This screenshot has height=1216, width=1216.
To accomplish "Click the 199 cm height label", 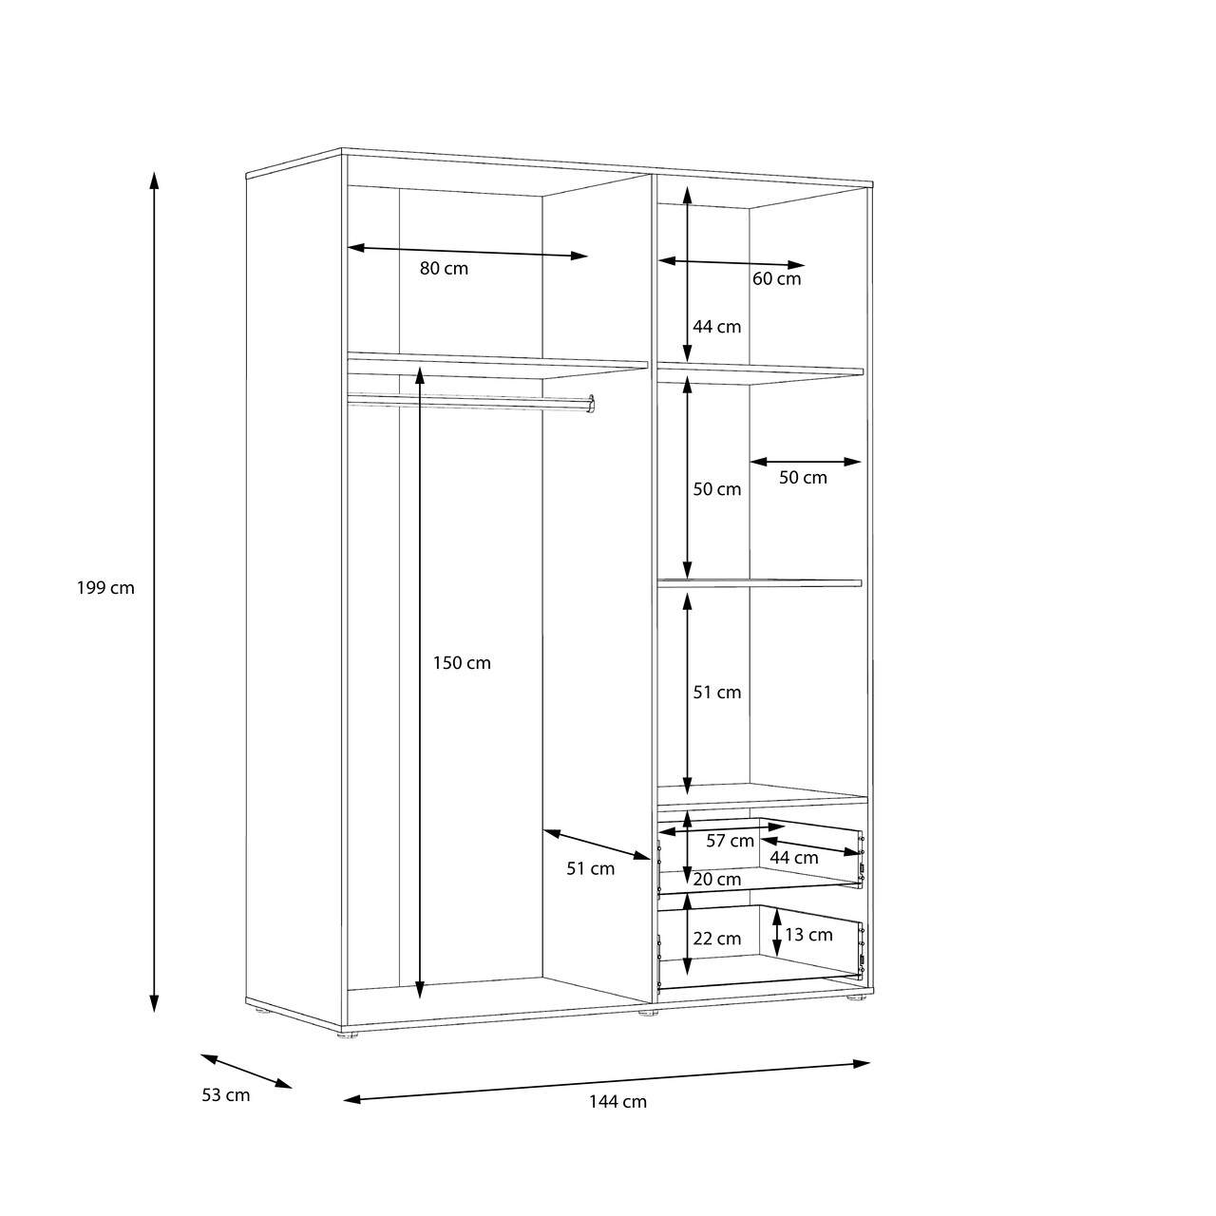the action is pyautogui.click(x=106, y=588).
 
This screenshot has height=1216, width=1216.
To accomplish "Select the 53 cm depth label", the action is pyautogui.click(x=226, y=1095).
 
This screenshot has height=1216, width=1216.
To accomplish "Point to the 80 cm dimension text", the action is pyautogui.click(x=445, y=269).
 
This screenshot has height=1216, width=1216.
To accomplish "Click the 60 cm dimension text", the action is pyautogui.click(x=777, y=279).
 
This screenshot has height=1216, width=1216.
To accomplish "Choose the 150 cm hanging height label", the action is pyautogui.click(x=462, y=663).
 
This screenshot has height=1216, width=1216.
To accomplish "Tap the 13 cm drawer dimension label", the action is pyautogui.click(x=809, y=935).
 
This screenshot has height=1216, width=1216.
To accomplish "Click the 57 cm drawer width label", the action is pyautogui.click(x=731, y=841).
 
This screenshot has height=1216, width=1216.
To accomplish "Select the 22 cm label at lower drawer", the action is pyautogui.click(x=717, y=939).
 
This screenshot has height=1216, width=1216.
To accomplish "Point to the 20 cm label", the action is pyautogui.click(x=717, y=880).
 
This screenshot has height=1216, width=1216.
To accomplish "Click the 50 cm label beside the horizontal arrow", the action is pyautogui.click(x=803, y=478).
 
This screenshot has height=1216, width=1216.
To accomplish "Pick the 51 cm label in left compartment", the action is pyautogui.click(x=591, y=869).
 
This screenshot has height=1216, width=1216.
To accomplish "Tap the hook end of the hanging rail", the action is pyautogui.click(x=591, y=404).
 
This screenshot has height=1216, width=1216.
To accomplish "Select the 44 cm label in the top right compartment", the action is pyautogui.click(x=717, y=327).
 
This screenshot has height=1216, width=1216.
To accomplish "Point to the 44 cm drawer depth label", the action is pyautogui.click(x=794, y=858).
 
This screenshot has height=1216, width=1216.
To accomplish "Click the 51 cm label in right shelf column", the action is pyautogui.click(x=717, y=693).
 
